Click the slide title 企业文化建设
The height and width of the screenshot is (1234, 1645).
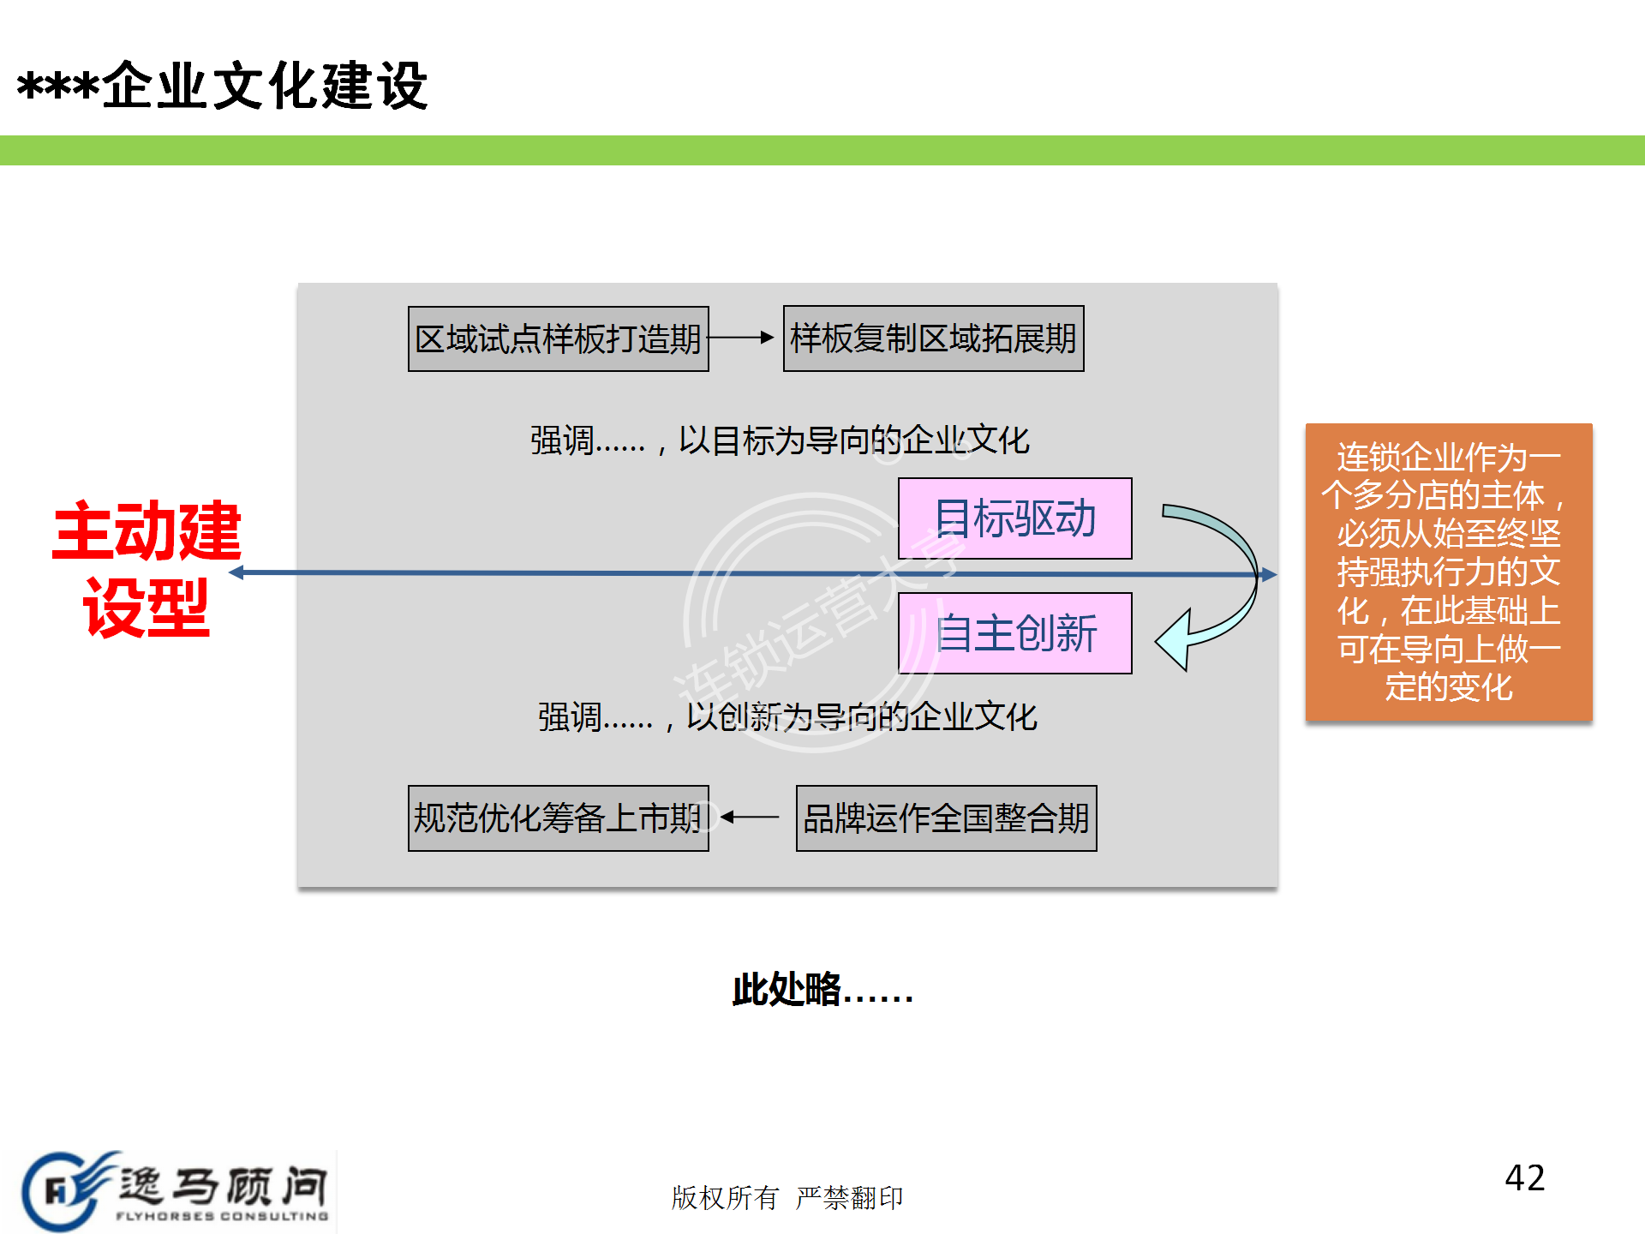tap(223, 86)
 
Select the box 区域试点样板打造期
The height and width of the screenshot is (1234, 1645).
tap(558, 339)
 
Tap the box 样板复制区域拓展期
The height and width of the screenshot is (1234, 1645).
tap(933, 338)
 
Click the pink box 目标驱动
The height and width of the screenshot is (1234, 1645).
tap(1014, 518)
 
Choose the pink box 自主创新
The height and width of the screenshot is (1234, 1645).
tap(1014, 633)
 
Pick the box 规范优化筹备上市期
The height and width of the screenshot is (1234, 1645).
tap(558, 818)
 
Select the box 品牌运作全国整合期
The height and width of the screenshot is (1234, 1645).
tap(946, 818)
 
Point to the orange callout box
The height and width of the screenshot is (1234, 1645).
tap(1448, 572)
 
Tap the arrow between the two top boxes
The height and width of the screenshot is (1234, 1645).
tap(742, 338)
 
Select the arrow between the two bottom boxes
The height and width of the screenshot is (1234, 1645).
tap(751, 818)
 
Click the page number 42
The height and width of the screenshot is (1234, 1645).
tap(1524, 1178)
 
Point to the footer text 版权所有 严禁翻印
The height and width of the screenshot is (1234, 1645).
tap(787, 1197)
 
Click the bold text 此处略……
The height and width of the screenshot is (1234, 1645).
tap(822, 991)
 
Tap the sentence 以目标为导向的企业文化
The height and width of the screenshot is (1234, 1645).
tap(780, 440)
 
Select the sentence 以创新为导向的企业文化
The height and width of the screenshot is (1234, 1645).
tap(787, 717)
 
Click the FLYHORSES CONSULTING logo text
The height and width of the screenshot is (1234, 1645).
tap(222, 1215)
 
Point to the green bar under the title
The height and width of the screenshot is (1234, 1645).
tap(822, 150)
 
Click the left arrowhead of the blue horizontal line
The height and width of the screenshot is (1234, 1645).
tap(237, 572)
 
